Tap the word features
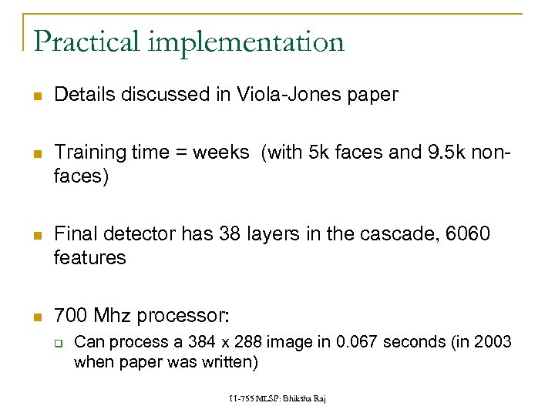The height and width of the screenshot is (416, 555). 89,257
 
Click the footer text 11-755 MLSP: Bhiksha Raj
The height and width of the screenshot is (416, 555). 277,398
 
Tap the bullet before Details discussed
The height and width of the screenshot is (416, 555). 37,96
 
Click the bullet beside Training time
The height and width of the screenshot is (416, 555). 37,154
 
